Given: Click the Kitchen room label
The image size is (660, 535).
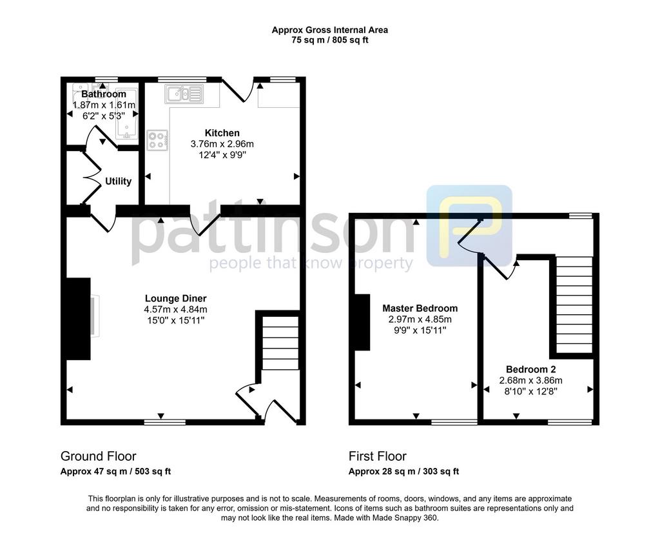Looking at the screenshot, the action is (x=222, y=133).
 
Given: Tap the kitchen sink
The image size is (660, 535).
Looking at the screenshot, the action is (x=184, y=94).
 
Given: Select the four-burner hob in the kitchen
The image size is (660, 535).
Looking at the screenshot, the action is (x=157, y=141).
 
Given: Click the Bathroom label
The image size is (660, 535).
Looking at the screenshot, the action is (x=104, y=94).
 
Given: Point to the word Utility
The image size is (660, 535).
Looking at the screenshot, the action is (x=118, y=181).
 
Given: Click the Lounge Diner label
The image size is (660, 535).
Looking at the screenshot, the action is (x=175, y=299).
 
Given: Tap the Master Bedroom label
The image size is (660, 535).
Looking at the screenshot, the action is (x=420, y=308).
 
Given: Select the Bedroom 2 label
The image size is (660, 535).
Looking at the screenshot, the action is (x=531, y=369).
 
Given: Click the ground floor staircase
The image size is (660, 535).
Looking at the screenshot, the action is (x=280, y=343).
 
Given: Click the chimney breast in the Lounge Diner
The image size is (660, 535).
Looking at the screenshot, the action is (x=78, y=319).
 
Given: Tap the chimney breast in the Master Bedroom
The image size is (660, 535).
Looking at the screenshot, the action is (x=362, y=322).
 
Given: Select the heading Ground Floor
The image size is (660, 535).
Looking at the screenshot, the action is (x=99, y=456).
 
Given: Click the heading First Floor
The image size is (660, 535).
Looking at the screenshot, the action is (x=378, y=456).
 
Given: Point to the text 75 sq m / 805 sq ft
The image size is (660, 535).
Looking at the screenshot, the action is (x=330, y=41).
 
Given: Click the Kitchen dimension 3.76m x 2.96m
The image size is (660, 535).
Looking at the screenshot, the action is (x=222, y=144).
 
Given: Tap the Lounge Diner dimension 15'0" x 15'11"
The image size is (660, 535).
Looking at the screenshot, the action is (x=175, y=320).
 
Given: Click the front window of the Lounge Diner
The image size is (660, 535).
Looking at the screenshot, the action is (x=164, y=421).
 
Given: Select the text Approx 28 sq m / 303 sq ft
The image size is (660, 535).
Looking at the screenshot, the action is (x=403, y=471).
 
